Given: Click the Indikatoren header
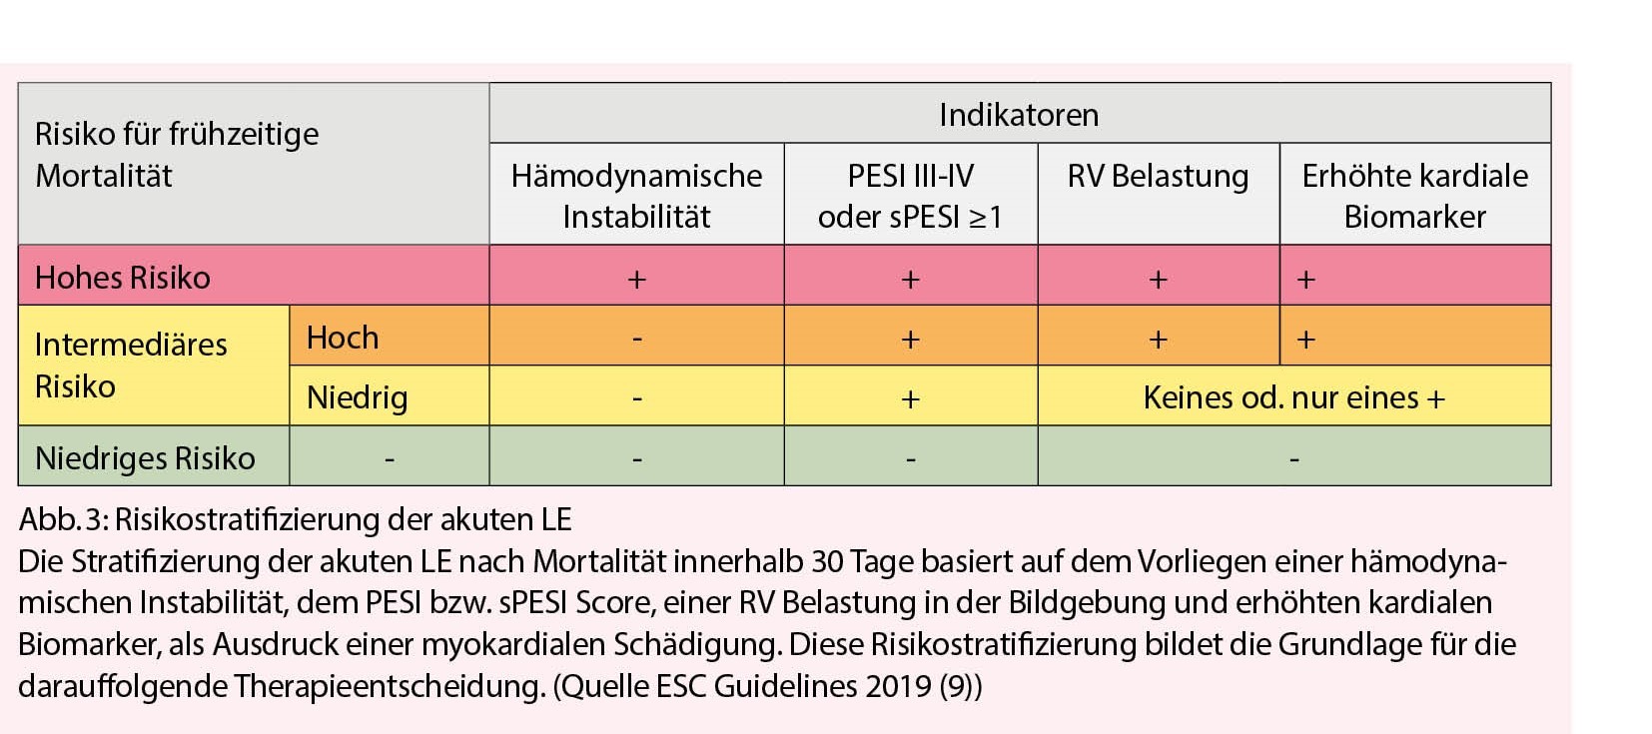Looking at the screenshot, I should (x=1019, y=115).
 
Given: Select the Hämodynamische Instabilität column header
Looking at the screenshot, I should (x=636, y=196).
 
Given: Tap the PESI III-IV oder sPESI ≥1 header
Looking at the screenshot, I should (x=910, y=196).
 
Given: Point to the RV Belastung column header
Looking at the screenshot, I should (x=1158, y=177).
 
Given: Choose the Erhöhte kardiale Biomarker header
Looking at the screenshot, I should (x=1414, y=196).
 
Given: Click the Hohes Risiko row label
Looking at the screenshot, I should (x=123, y=278).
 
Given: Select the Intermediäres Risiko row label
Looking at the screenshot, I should (x=131, y=366).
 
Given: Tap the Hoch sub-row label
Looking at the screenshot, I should (x=343, y=338).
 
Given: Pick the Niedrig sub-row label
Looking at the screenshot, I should (x=357, y=397).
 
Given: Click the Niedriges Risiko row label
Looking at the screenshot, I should (x=145, y=458).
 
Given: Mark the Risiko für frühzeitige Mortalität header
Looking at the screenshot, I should (x=177, y=155).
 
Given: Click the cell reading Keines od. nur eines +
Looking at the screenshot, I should (x=1293, y=398).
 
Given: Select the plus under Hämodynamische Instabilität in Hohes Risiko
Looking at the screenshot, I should (x=636, y=280).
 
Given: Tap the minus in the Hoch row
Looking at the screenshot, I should (x=636, y=340).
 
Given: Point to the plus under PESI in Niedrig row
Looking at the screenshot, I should (x=910, y=399).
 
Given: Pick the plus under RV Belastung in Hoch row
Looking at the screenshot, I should (x=1158, y=340).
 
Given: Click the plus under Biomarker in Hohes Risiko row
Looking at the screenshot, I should (x=1305, y=280).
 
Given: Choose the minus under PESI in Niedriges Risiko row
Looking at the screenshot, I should (x=910, y=459).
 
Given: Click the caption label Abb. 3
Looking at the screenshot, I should (x=62, y=520).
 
